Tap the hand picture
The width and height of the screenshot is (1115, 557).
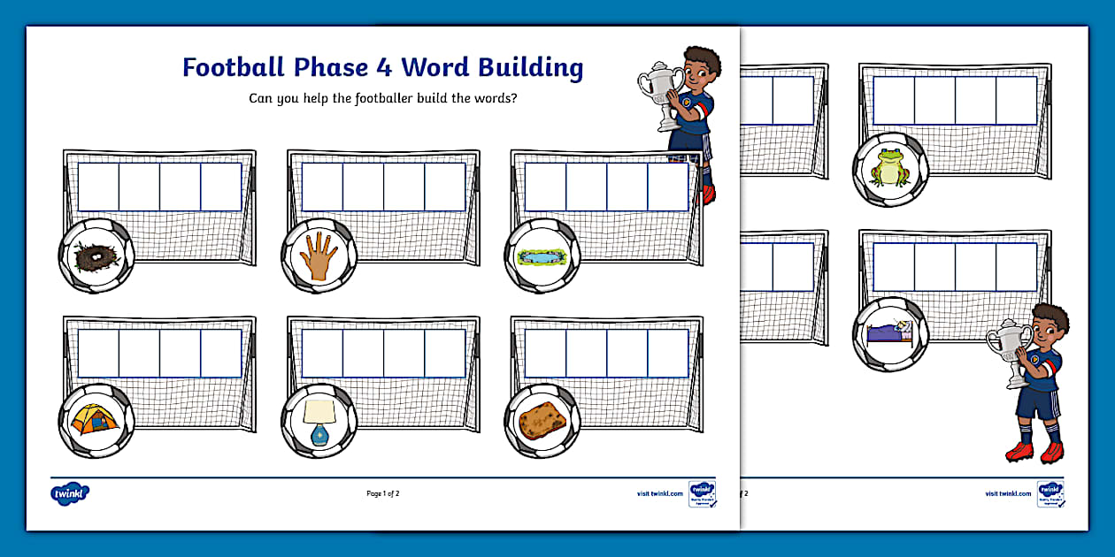[x=318, y=256]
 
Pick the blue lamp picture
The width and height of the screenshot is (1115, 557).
[x=318, y=420]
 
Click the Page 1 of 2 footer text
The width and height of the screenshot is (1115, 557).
[x=383, y=493]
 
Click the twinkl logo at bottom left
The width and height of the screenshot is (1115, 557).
[x=70, y=493]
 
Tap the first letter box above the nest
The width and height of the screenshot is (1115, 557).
[x=98, y=187]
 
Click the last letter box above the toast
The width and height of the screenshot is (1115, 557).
[x=667, y=353]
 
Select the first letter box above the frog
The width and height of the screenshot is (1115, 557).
[x=894, y=100]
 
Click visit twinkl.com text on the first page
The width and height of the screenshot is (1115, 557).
[x=659, y=493]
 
